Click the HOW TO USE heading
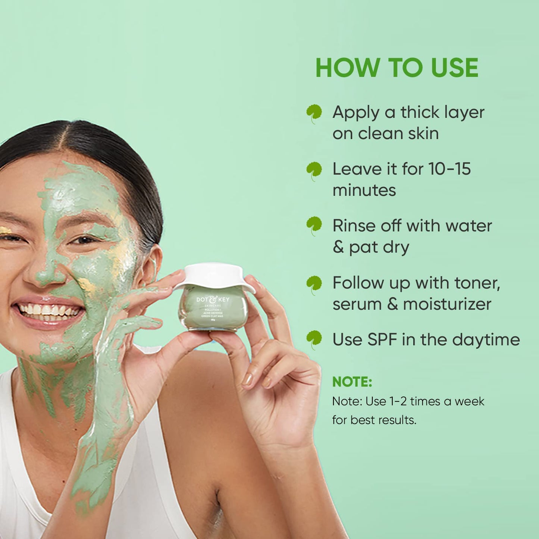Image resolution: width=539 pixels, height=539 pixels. (x=397, y=68)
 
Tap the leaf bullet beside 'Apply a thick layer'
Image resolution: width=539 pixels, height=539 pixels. (x=314, y=113)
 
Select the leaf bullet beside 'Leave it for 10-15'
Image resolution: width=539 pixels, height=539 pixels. (x=314, y=170)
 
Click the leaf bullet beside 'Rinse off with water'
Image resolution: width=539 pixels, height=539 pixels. (x=314, y=225)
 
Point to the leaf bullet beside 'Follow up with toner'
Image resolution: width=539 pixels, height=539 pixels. (x=314, y=284)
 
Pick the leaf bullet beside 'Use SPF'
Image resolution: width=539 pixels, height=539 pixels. (x=314, y=339)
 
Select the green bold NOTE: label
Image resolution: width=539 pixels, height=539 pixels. (x=352, y=382)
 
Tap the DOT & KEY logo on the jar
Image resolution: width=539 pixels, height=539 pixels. (x=213, y=299)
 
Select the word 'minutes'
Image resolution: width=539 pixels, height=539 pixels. (x=364, y=191)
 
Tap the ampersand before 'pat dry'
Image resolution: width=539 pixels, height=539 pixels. (x=338, y=247)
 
